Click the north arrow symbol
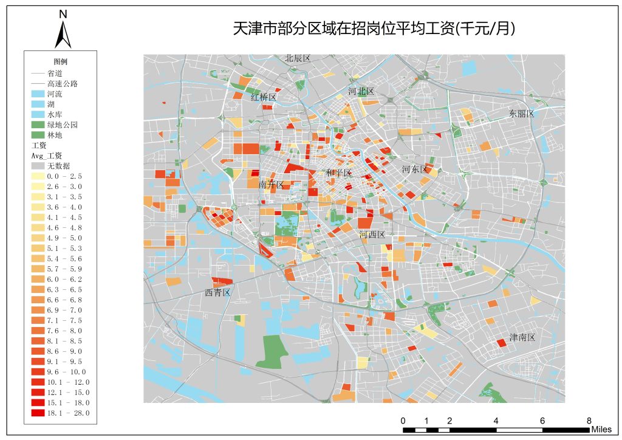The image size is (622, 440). (x=63, y=34)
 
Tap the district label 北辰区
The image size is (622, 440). (x=298, y=58)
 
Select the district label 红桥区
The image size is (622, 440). (x=264, y=97)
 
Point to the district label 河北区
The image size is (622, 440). (x=361, y=91)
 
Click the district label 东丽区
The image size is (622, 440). (x=521, y=114)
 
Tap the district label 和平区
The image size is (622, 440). (x=338, y=173)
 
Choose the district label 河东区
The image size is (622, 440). (x=415, y=170)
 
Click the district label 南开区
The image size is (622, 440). (x=271, y=184)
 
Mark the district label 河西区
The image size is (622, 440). (x=372, y=235)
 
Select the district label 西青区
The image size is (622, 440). (x=217, y=293)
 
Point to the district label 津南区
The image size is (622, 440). (x=522, y=337)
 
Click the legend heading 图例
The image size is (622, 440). (x=60, y=62)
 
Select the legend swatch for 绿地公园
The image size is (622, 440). (x=38, y=124)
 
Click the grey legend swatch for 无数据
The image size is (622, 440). (x=38, y=165)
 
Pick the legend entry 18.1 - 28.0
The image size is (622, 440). (x=68, y=413)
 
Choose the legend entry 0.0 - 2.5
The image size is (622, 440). (x=64, y=176)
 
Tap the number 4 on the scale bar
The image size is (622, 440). (x=496, y=421)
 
